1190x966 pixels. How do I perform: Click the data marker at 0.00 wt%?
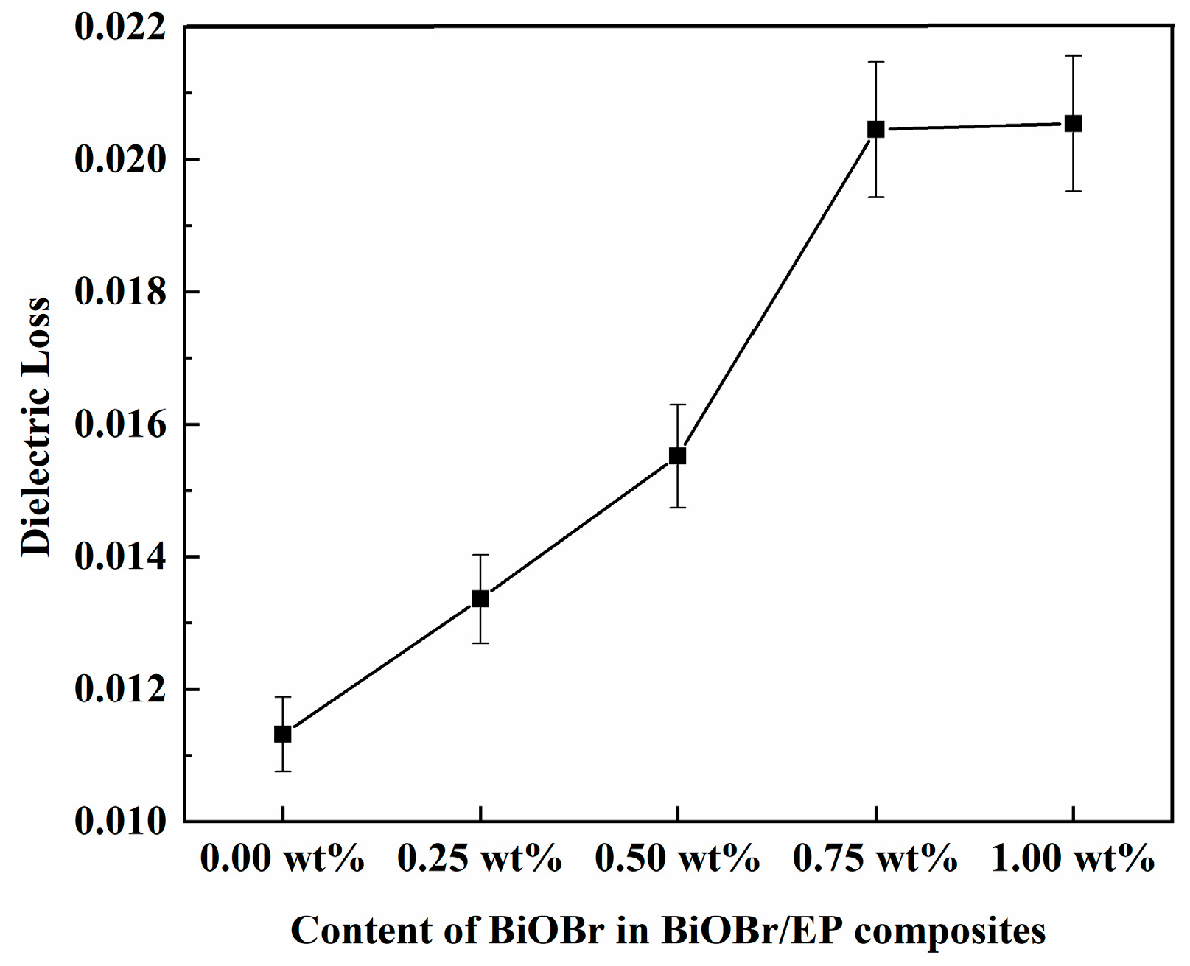(x=282, y=734)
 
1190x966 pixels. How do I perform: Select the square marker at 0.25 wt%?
(x=480, y=598)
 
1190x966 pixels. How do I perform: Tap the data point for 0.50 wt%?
(x=677, y=455)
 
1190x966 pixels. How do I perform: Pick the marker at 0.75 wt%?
(x=875, y=129)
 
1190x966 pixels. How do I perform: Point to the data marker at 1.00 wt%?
(x=1073, y=123)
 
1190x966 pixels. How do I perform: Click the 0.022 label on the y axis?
(x=120, y=27)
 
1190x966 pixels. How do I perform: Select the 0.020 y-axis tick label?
(x=120, y=160)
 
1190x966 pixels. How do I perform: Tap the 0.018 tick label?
(x=120, y=293)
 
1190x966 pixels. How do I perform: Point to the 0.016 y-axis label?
(x=120, y=425)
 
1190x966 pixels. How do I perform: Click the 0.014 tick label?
(x=120, y=557)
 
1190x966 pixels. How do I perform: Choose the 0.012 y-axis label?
(x=120, y=690)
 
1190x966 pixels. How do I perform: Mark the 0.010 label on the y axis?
(x=120, y=821)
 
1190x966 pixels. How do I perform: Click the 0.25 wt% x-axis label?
(x=480, y=859)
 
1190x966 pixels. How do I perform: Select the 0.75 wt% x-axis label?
(x=875, y=859)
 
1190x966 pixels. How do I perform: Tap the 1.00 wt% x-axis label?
(x=1073, y=859)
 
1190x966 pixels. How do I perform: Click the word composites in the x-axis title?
(x=950, y=931)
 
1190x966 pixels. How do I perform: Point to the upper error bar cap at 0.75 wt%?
(x=875, y=62)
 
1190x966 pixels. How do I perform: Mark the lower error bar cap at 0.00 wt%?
(x=282, y=771)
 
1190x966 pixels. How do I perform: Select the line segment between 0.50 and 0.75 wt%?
(x=777, y=293)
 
